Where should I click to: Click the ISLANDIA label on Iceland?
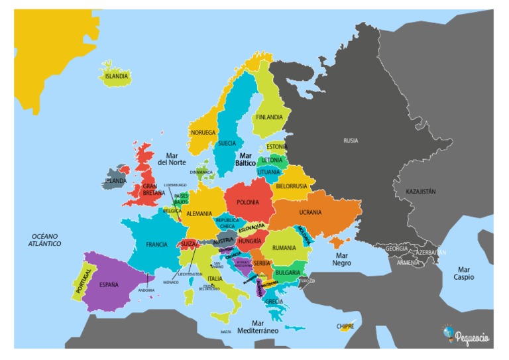click(116, 76)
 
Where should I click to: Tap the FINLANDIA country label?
click(269, 117)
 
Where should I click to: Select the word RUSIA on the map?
click(351, 141)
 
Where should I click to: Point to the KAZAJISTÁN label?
click(421, 192)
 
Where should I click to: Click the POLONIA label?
click(248, 202)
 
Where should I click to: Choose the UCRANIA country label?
click(310, 213)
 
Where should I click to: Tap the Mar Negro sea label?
click(341, 259)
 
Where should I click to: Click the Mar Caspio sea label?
click(463, 273)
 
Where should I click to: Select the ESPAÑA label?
click(109, 285)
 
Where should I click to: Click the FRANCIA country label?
click(156, 245)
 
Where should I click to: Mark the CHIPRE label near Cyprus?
click(345, 326)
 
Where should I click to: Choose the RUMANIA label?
click(284, 248)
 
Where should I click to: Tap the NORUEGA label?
click(203, 133)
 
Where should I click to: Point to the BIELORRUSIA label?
click(292, 186)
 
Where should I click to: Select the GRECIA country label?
click(274, 301)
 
